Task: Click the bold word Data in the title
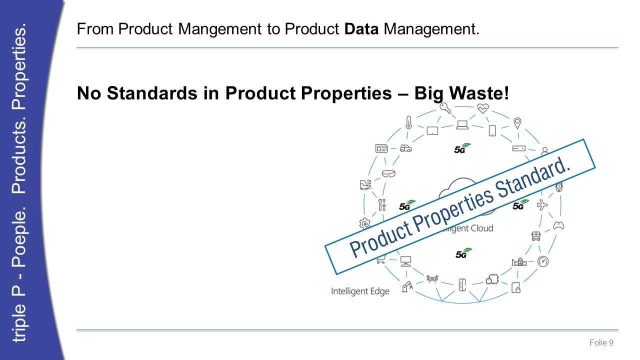361,29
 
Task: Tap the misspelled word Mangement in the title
219,29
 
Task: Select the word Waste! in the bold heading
479,93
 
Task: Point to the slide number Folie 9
601,342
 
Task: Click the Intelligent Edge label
360,291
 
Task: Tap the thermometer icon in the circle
409,122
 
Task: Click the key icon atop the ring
445,108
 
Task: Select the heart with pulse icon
483,108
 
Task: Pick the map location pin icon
517,123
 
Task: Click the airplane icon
542,205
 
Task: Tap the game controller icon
558,225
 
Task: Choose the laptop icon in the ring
462,125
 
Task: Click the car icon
405,148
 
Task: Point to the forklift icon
365,184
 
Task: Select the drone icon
432,278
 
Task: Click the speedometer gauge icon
543,261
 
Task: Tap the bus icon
536,236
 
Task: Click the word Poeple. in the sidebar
19,236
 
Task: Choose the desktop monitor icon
405,261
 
